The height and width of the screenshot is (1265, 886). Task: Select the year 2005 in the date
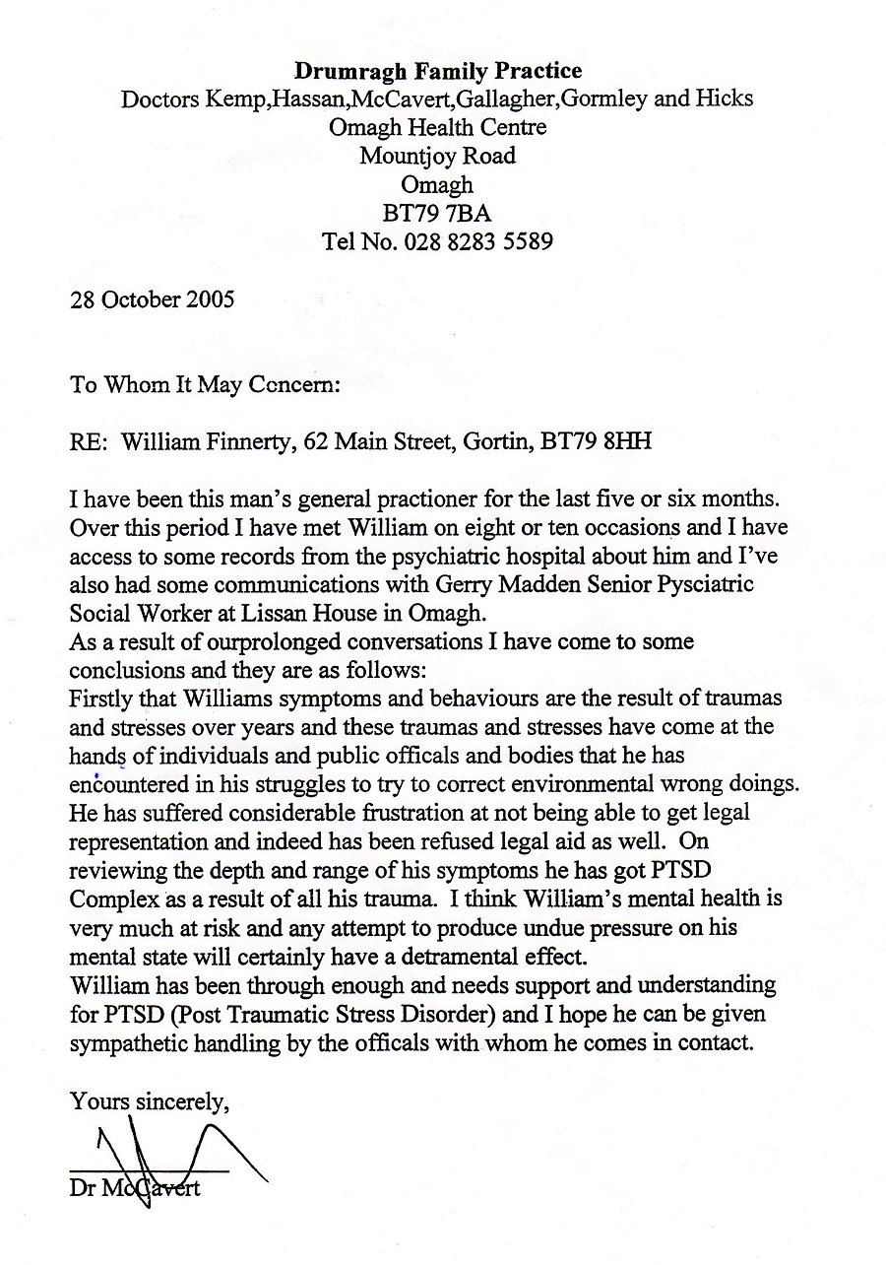(x=210, y=299)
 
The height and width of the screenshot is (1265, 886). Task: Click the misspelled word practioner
(x=425, y=500)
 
